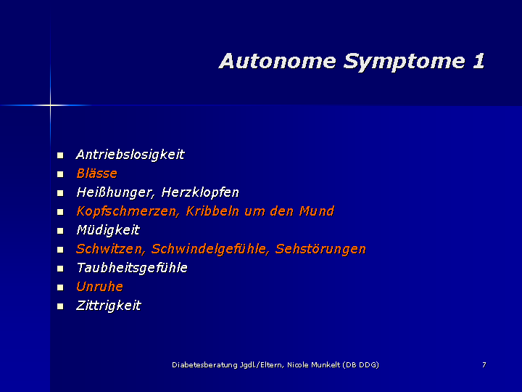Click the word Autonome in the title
click(x=278, y=61)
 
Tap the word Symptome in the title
click(x=404, y=62)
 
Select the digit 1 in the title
click(x=478, y=61)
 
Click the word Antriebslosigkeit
click(x=130, y=155)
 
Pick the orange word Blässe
click(x=97, y=173)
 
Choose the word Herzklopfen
click(x=200, y=192)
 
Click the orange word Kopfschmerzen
click(x=128, y=211)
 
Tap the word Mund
click(x=317, y=211)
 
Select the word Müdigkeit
click(x=108, y=230)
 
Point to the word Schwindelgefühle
click(x=210, y=249)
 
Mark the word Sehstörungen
click(x=320, y=249)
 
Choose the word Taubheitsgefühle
click(x=132, y=268)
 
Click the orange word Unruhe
click(x=99, y=287)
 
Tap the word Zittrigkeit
click(x=109, y=306)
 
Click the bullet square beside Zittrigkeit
click(x=60, y=306)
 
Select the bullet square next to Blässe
click(x=60, y=174)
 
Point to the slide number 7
click(x=484, y=364)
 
